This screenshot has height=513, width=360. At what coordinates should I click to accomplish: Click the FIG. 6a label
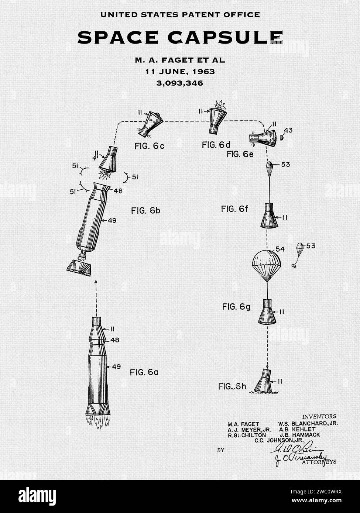click(x=144, y=372)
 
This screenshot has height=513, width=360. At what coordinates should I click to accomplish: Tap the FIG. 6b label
click(x=145, y=211)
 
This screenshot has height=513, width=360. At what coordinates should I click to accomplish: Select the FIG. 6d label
click(x=216, y=145)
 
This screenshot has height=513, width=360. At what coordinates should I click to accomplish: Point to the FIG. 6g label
click(x=236, y=307)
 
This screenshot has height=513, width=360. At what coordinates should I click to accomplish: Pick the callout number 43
click(x=288, y=130)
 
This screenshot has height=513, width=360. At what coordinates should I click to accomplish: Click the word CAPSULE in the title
click(x=225, y=38)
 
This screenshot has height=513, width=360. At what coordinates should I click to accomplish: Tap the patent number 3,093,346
click(x=180, y=83)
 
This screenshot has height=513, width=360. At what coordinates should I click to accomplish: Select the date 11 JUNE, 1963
click(x=180, y=71)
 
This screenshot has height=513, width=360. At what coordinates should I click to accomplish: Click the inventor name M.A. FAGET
click(x=243, y=424)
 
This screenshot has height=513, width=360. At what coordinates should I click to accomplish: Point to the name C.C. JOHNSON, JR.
click(x=279, y=440)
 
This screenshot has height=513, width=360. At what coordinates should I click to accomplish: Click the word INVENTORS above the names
click(x=319, y=416)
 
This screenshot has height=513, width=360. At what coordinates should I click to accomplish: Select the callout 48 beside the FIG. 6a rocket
click(x=115, y=340)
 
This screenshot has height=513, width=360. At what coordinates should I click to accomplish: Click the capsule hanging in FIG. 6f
click(x=267, y=216)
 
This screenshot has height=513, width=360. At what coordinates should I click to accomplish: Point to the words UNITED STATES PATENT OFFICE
click(x=180, y=15)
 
